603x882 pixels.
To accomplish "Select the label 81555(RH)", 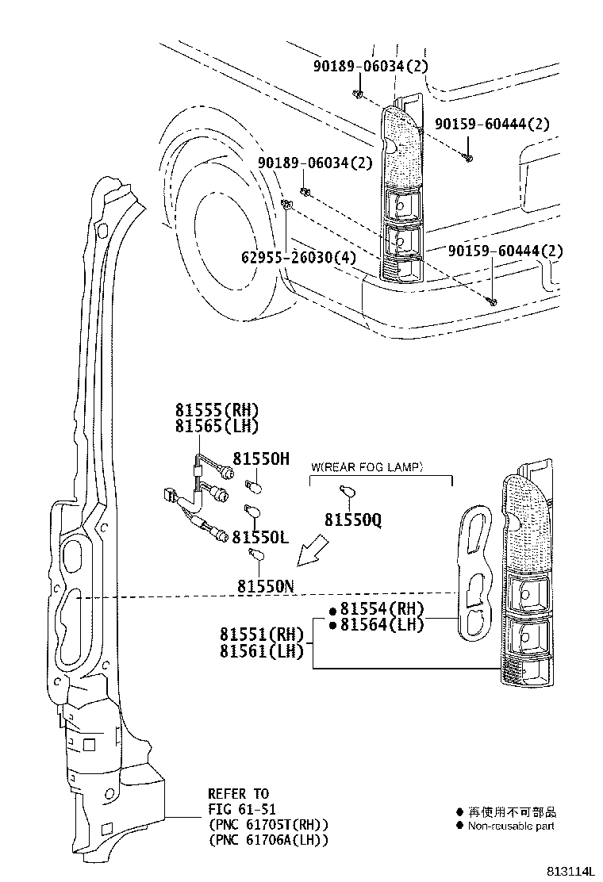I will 217,410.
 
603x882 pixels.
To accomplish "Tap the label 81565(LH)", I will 217,426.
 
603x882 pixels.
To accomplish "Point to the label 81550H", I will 261,458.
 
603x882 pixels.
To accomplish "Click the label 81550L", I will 260,538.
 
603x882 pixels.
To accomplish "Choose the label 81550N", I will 266,586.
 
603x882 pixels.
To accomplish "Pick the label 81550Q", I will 353,520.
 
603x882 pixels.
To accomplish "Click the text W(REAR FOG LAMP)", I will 367,466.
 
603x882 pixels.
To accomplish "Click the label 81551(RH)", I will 262,635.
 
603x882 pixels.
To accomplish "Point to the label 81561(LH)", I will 262,651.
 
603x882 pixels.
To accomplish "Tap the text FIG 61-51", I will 239,809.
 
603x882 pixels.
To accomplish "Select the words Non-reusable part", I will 511,826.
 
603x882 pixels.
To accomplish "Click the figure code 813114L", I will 569,871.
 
